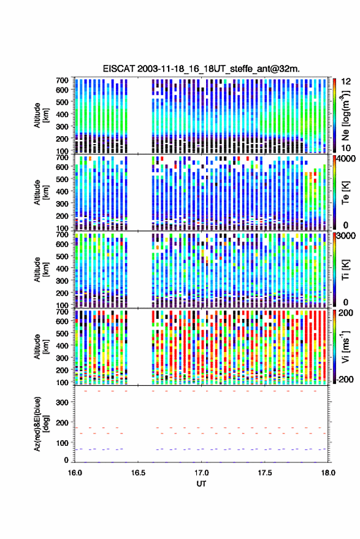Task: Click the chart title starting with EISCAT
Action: coord(201,69)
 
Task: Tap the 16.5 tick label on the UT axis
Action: coord(138,473)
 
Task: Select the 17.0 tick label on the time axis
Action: coord(202,473)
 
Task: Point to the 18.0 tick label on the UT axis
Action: coord(328,473)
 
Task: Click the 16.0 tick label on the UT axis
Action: coord(75,473)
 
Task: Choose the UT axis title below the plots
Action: coord(201,484)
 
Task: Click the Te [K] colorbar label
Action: coord(345,193)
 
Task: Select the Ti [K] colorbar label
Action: coord(345,270)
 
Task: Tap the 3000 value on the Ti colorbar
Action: coord(346,236)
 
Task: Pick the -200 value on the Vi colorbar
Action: coord(344,379)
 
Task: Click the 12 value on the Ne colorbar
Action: coord(346,82)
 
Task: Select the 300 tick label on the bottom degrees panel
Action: coord(62,402)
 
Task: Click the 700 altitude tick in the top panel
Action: coord(62,80)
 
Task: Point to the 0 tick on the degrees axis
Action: coord(66,460)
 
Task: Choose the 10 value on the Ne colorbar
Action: coord(346,148)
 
